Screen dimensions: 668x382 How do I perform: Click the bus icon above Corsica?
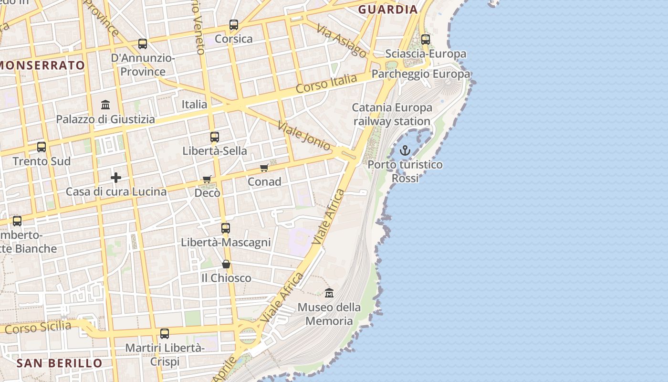click(233, 25)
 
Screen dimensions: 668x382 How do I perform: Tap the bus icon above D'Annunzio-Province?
click(142, 44)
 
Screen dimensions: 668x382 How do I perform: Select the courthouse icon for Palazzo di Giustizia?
click(105, 105)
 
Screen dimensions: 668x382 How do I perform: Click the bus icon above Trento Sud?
click(42, 147)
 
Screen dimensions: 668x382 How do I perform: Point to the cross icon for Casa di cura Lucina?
click(115, 178)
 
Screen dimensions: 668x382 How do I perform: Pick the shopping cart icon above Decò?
click(207, 179)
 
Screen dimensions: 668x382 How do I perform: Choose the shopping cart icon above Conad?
click(264, 168)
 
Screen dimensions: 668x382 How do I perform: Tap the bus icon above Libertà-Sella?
click(215, 137)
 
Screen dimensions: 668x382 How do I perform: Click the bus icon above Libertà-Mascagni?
click(226, 228)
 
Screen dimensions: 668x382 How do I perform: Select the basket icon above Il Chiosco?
click(226, 264)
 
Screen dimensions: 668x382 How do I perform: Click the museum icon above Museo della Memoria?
click(329, 293)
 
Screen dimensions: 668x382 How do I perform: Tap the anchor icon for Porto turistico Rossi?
click(405, 151)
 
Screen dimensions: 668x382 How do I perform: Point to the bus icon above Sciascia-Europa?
click(426, 40)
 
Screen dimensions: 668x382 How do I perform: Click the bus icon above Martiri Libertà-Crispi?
click(165, 334)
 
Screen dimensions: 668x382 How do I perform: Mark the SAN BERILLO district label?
click(60, 363)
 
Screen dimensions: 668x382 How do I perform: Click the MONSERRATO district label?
click(43, 65)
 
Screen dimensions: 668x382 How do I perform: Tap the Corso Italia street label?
click(326, 84)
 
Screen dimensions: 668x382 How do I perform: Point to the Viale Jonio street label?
click(304, 136)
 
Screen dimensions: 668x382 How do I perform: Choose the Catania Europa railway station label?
click(392, 115)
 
